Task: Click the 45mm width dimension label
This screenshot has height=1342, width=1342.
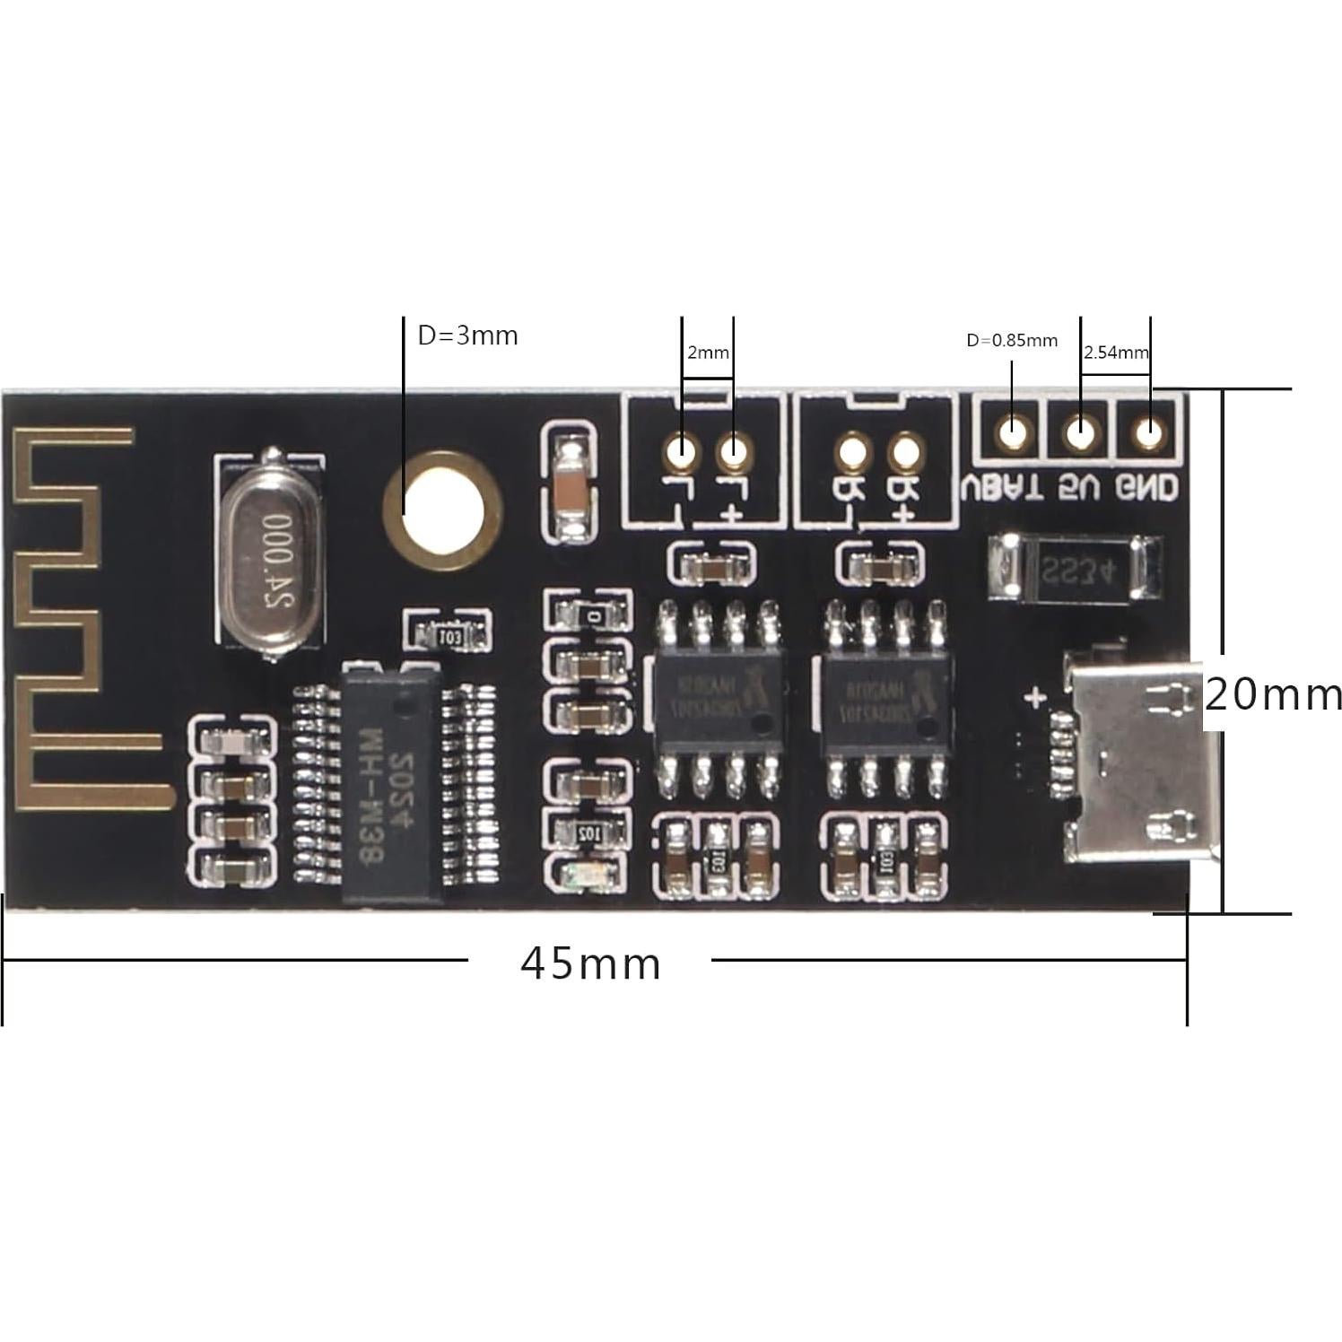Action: click(590, 964)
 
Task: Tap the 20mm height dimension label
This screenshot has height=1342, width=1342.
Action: click(1272, 695)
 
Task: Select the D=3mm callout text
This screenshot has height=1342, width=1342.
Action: click(467, 335)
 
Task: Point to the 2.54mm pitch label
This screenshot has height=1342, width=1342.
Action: click(1115, 353)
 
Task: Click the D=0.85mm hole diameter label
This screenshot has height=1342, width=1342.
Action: click(1011, 341)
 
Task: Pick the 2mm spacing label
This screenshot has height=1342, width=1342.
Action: click(708, 353)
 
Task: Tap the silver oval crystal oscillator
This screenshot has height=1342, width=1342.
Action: click(270, 556)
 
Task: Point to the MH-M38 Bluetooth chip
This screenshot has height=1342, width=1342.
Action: click(392, 780)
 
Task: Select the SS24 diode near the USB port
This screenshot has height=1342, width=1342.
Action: click(1075, 566)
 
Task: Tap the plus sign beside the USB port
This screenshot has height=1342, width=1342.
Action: click(1037, 697)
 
